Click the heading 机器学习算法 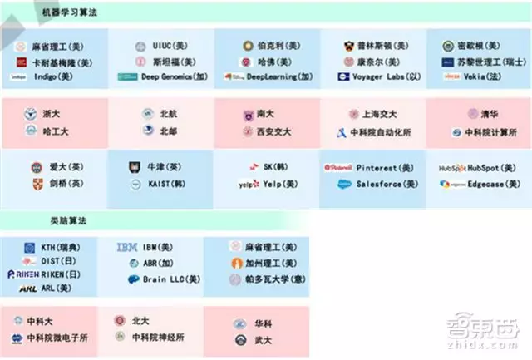pyautogui.click(x=67, y=13)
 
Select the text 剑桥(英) pyautogui.click(x=66, y=184)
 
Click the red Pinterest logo pyautogui.click(x=338, y=167)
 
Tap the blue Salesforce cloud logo pyautogui.click(x=345, y=185)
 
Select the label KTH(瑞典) pyautogui.click(x=60, y=248)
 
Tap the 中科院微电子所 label pyautogui.click(x=57, y=338)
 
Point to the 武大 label pyautogui.click(x=264, y=339)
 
